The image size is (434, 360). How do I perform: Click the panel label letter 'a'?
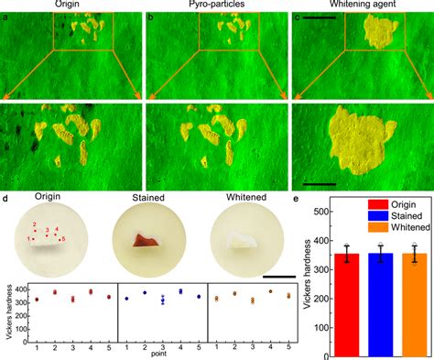(5, 17)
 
